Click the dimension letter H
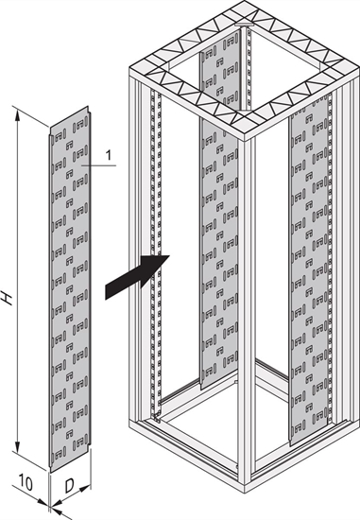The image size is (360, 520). pos(7,298)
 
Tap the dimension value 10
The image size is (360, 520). pos(26,483)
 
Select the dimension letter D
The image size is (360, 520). pos(69,486)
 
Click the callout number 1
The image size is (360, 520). pos(109,155)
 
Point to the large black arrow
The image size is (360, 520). pos(137,277)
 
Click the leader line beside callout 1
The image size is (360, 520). pos(99,165)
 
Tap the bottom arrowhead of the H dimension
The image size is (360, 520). pos(17,445)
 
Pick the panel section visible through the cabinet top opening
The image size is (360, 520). pos(219,70)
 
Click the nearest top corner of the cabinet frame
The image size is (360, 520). pos(245,136)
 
